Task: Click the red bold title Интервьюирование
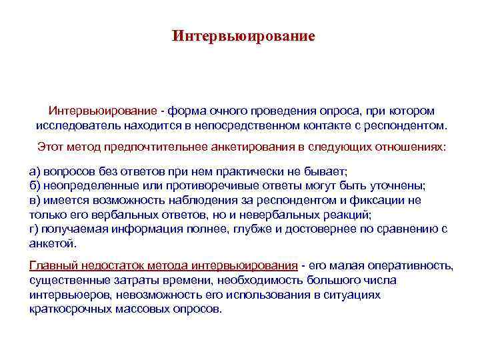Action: click(243, 35)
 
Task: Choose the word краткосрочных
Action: click(72, 309)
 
